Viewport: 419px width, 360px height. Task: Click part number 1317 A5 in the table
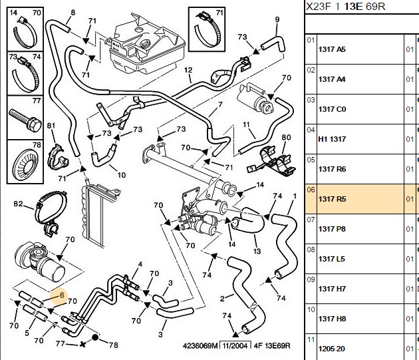tap(332, 49)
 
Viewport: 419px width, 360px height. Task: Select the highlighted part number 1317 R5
tap(332, 199)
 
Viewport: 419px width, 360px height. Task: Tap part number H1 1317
tap(332, 139)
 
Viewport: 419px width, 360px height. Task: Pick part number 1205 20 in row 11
tap(332, 349)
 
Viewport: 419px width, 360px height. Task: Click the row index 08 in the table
tap(311, 250)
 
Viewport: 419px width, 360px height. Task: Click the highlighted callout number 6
tap(62, 295)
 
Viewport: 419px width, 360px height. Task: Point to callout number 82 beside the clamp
tap(18, 204)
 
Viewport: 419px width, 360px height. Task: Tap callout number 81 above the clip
tap(51, 126)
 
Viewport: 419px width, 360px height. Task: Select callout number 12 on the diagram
tap(188, 70)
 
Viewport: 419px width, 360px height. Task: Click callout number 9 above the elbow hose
tap(277, 19)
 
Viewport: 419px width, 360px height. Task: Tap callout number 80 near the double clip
tap(286, 138)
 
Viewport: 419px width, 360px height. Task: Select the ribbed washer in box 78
tap(25, 164)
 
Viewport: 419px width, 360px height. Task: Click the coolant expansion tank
tap(148, 45)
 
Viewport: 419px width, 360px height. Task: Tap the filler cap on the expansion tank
tap(146, 43)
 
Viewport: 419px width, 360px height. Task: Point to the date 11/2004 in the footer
tap(235, 346)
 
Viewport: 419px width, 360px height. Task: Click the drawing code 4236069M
tap(200, 346)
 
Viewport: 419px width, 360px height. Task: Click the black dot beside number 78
tap(95, 337)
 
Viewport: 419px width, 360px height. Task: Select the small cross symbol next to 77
tap(83, 344)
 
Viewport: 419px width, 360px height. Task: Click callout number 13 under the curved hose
tap(257, 252)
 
